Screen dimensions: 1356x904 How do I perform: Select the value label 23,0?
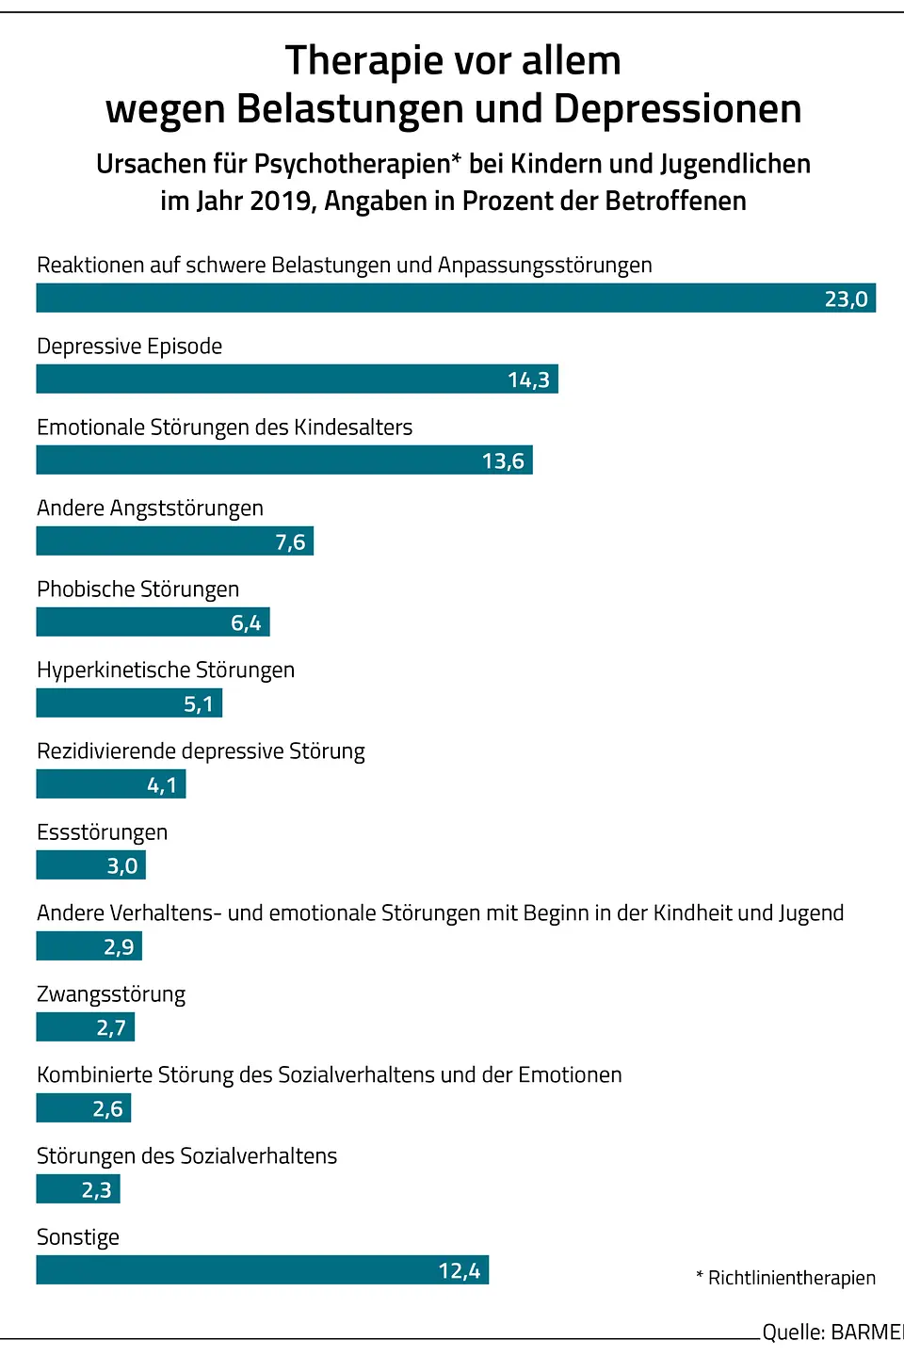click(846, 299)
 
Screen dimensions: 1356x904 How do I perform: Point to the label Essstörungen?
click(102, 831)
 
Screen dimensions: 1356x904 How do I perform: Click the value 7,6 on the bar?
click(290, 541)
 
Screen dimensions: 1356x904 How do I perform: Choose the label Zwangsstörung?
click(111, 993)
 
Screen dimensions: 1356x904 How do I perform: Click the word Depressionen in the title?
click(677, 108)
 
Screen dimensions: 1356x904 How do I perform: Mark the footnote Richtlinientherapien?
click(791, 1277)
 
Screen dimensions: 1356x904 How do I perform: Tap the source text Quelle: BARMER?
click(831, 1332)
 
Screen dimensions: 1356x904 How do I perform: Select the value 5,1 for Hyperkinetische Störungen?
click(198, 703)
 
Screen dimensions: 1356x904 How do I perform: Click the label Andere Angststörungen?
click(150, 508)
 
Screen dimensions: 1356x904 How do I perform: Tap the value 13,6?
click(503, 460)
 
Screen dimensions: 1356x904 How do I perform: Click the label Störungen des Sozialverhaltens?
click(186, 1155)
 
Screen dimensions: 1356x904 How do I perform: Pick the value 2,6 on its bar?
click(107, 1108)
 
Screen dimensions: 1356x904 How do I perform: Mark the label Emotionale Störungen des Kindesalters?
click(224, 427)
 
